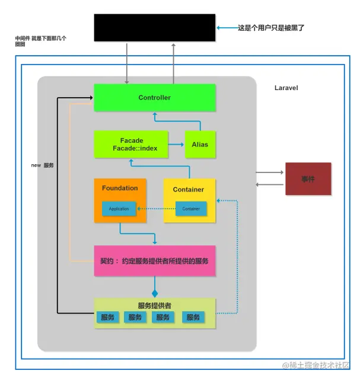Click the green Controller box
tap(154, 97)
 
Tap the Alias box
tap(200, 144)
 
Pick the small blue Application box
tap(119, 209)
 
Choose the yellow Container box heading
tap(189, 190)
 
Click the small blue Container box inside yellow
tap(191, 209)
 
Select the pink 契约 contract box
tap(154, 261)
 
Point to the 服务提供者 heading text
tap(154, 305)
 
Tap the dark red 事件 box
tap(308, 178)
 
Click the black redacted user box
tap(154, 28)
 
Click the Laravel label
tap(286, 88)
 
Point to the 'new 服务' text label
tap(42, 165)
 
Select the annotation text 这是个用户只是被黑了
tap(270, 28)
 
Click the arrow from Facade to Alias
tap(176, 144)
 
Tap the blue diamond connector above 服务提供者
tap(155, 293)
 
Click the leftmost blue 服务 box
tap(107, 318)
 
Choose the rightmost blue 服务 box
tap(193, 318)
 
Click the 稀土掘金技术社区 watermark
tap(316, 365)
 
